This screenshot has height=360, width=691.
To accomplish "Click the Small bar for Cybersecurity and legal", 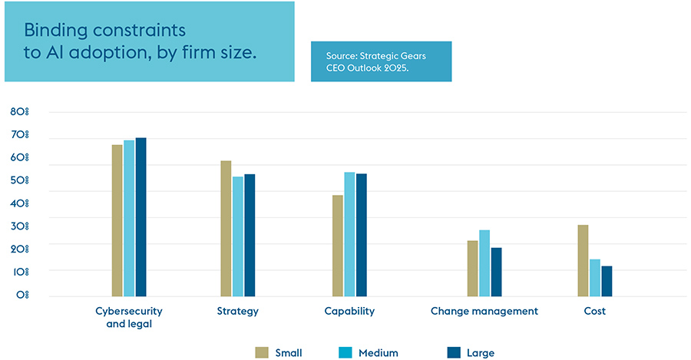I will click(117, 220).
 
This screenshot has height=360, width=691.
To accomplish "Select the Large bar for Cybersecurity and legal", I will click(141, 217).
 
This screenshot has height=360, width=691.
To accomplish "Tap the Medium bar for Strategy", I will click(238, 236).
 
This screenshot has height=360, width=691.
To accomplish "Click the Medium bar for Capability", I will click(349, 234).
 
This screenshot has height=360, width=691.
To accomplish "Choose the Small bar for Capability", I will click(337, 246).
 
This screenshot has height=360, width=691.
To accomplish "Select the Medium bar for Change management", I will click(484, 263).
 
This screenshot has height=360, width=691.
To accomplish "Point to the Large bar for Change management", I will click(496, 272).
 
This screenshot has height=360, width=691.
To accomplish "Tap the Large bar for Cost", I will click(607, 281).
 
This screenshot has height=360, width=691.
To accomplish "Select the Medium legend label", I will click(379, 353).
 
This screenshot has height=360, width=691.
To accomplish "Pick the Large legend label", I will click(481, 353).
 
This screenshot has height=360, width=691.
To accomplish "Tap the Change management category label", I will click(484, 312).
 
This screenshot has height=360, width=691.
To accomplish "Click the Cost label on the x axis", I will click(594, 312).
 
